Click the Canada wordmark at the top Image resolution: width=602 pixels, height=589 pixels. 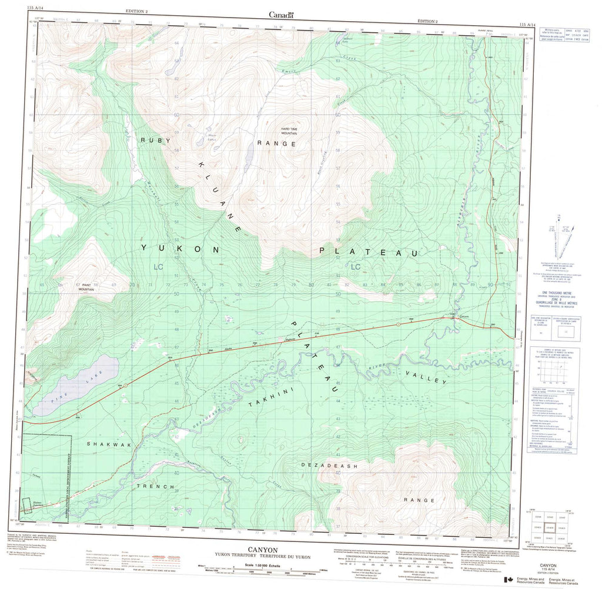point(281,15)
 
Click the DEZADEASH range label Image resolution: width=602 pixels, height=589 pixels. point(329,465)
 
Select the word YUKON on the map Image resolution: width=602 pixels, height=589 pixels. point(180,249)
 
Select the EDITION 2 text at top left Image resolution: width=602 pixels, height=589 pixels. point(137,12)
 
